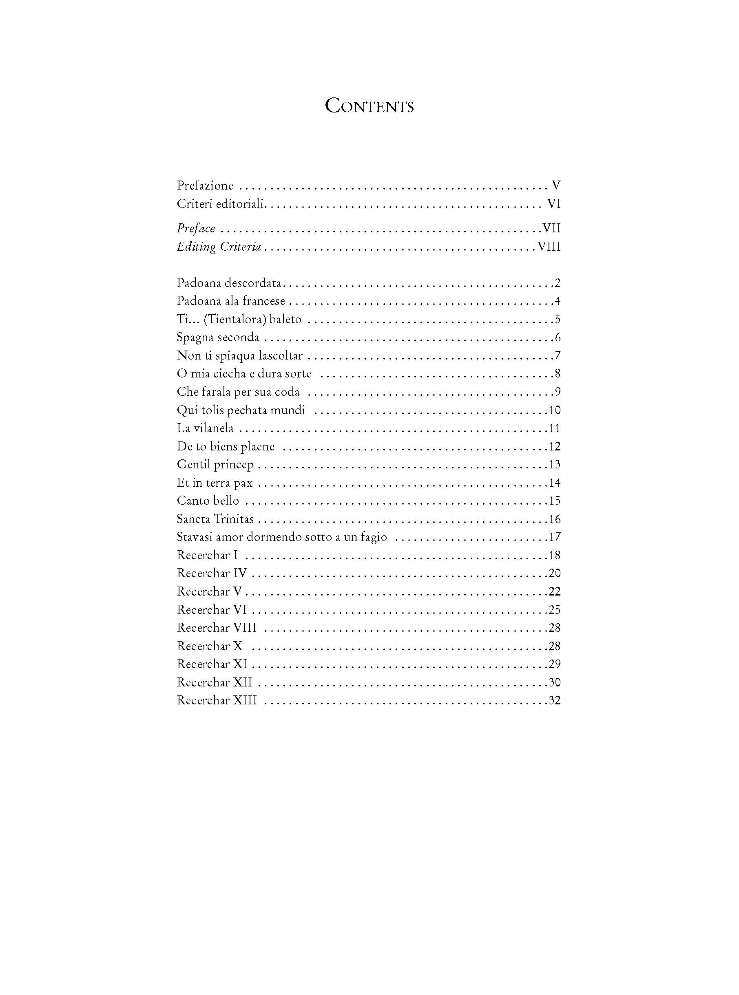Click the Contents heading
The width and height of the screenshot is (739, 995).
click(x=369, y=106)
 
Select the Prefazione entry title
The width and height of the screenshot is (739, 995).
click(x=205, y=185)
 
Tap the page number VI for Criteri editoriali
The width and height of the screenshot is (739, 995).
click(x=554, y=204)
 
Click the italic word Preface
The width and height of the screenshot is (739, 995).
click(x=196, y=228)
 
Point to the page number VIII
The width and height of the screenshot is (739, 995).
click(x=549, y=247)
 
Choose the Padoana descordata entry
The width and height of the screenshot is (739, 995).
click(x=229, y=283)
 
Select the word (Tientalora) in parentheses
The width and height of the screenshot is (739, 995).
click(x=235, y=319)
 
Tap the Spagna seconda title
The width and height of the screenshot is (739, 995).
click(x=218, y=337)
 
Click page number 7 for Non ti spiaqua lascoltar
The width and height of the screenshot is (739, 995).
click(x=558, y=355)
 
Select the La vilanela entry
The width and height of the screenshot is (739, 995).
click(x=205, y=428)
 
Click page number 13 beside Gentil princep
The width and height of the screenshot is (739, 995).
click(x=555, y=464)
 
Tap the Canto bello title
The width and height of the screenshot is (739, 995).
click(x=208, y=501)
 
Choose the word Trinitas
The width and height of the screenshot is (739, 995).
click(x=234, y=519)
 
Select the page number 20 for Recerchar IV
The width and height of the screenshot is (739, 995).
click(x=555, y=573)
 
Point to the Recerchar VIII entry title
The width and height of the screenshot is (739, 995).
click(x=217, y=628)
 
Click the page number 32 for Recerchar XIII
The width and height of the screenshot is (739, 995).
click(x=555, y=700)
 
